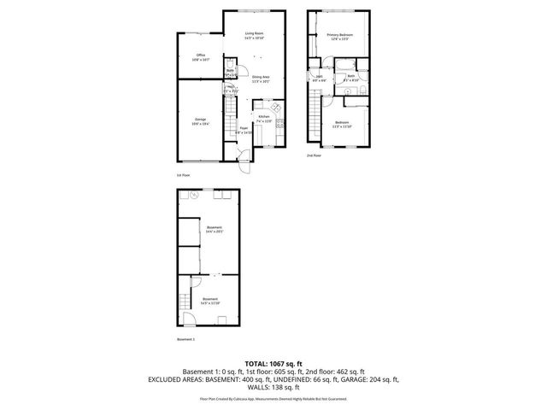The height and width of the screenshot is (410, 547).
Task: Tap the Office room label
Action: pos(200,58)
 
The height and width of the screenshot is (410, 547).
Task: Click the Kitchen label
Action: pos(264,118)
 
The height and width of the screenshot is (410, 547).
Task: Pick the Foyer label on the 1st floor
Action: pos(243,131)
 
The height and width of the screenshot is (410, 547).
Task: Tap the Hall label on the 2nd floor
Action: pos(318,79)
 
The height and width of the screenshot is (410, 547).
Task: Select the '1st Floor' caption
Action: pos(183,174)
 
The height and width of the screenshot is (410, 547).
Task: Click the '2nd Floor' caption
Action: pos(315,156)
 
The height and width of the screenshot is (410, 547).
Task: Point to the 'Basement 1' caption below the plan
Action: pos(186,339)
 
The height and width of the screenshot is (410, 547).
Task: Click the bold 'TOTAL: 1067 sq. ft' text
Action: pos(273,363)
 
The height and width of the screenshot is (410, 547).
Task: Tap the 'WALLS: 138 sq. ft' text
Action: pos(273,387)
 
